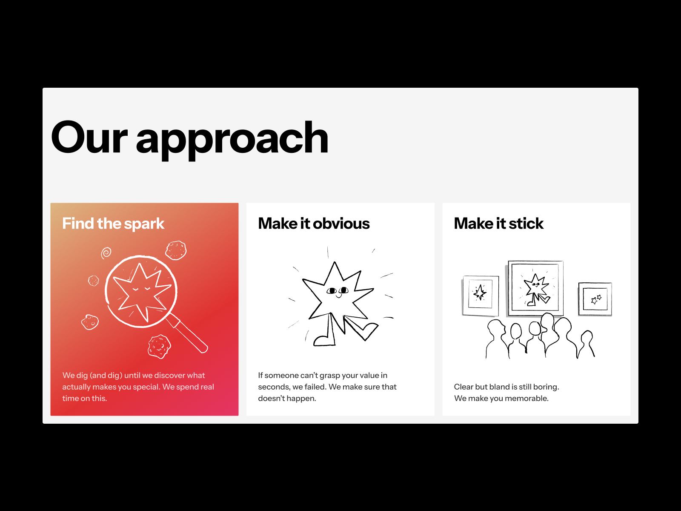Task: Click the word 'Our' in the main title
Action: [x=89, y=137]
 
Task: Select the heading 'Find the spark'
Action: [x=113, y=224]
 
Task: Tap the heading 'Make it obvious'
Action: [x=314, y=224]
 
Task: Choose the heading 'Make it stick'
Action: [x=498, y=224]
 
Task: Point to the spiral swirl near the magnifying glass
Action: [x=106, y=253]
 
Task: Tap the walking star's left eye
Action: [x=332, y=291]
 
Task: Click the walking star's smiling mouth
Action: [x=338, y=296]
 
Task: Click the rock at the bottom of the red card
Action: [x=160, y=346]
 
